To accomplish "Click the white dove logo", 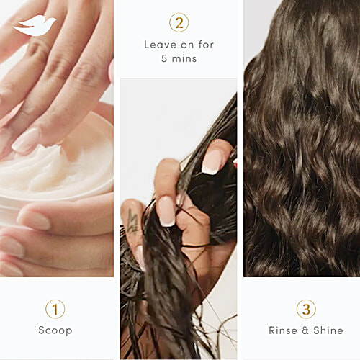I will coord(35,25).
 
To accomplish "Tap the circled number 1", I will coord(55,309).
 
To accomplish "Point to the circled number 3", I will coord(305,309).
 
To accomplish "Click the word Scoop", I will coord(55,331).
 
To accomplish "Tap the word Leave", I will coord(159,45).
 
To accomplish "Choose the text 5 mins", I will coord(179,59).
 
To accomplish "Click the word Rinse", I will coord(284,331).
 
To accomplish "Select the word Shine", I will coord(328,331).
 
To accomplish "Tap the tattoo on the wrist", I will coord(132,220).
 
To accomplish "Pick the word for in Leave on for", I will coord(205,45).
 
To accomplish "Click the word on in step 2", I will coord(185,45).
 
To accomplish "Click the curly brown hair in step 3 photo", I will coord(302,144).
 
